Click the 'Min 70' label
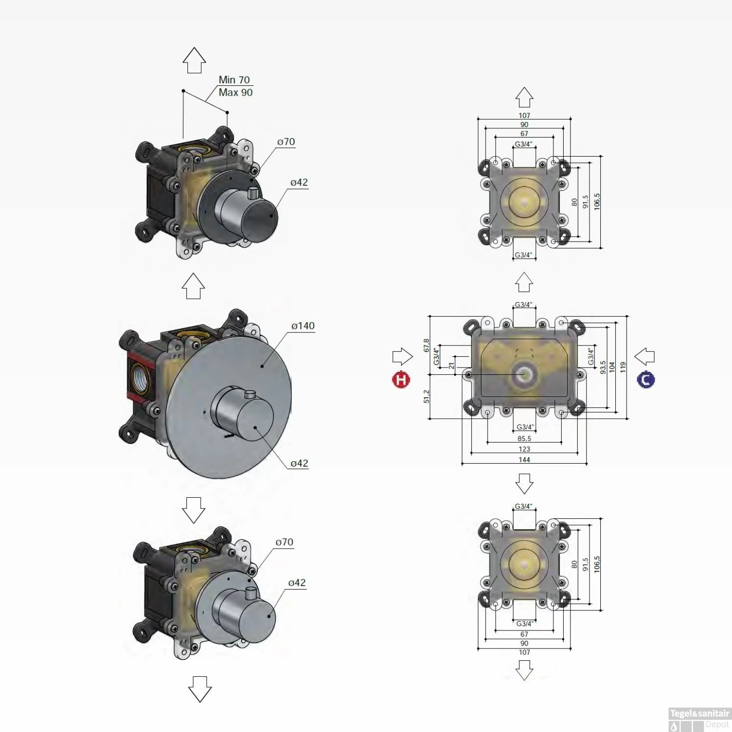pyautogui.click(x=234, y=80)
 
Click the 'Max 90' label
pyautogui.click(x=235, y=92)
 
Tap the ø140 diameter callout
pyautogui.click(x=303, y=325)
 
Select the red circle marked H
pyautogui.click(x=401, y=380)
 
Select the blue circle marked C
pyautogui.click(x=646, y=380)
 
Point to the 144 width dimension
pyautogui.click(x=524, y=460)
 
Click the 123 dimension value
pyautogui.click(x=524, y=449)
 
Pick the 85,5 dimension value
pyautogui.click(x=524, y=439)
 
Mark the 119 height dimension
pyautogui.click(x=623, y=367)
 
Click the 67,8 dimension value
pyautogui.click(x=427, y=346)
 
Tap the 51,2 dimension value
pyautogui.click(x=427, y=396)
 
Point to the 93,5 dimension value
pyautogui.click(x=603, y=367)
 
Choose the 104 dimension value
pyautogui.click(x=612, y=367)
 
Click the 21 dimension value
pyautogui.click(x=452, y=366)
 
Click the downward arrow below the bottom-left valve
pyautogui.click(x=200, y=689)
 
